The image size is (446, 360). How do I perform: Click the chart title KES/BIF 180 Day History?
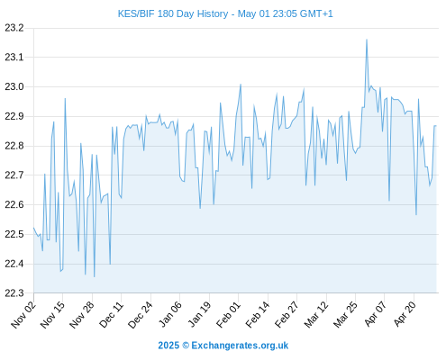pos(173,13)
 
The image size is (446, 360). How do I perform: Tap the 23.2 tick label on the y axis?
pos(14,28)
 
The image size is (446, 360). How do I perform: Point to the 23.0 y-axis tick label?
pos(14,87)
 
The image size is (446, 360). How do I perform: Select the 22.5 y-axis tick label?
pos(14,234)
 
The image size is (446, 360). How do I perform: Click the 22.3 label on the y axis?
pos(14,292)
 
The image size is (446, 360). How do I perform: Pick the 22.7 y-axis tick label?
pos(14,175)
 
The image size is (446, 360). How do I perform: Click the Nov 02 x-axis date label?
pos(23,315)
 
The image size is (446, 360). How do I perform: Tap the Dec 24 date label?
pos(141,315)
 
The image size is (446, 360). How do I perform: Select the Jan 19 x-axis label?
pos(199,315)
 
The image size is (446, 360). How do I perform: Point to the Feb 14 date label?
pos(258,315)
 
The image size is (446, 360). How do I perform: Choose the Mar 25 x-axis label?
pos(345,315)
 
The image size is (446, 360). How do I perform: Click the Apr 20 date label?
pos(405,315)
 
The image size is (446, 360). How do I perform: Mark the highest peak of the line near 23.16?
pos(367,40)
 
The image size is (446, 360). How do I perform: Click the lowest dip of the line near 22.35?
pos(95,276)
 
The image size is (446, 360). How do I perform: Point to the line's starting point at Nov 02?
pos(33,228)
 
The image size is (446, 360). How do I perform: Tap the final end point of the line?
pos(436,126)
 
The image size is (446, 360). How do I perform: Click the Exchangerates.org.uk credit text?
pos(240,346)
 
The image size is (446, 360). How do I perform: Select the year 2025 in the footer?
pos(168,346)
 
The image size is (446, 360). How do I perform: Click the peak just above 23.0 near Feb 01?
pos(241,85)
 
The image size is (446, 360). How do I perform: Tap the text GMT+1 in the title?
pos(316,13)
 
